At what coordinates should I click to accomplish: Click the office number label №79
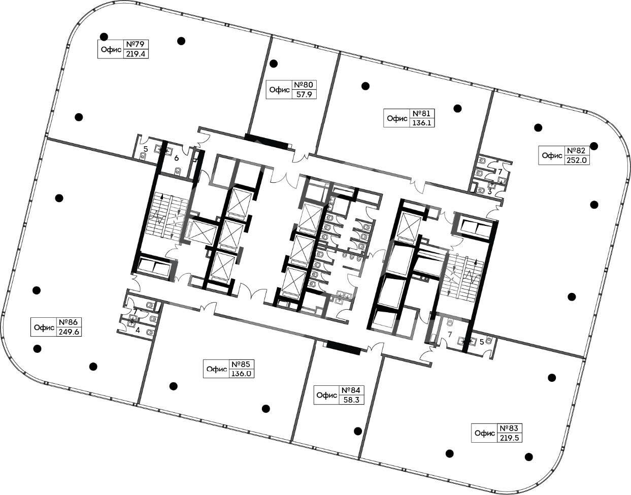tap(136, 44)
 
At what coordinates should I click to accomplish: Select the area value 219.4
tap(136, 54)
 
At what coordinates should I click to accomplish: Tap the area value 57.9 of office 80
tap(304, 94)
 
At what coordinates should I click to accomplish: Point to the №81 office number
tap(422, 113)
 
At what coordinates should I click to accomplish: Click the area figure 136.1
tap(422, 122)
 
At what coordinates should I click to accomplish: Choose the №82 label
tap(576, 150)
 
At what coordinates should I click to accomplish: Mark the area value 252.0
tap(576, 160)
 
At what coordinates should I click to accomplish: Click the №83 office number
tap(509, 428)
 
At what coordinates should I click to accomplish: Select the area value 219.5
tap(509, 438)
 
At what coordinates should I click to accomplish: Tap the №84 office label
tap(351, 390)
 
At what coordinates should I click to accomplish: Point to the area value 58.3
tap(351, 400)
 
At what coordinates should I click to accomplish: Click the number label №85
tap(241, 364)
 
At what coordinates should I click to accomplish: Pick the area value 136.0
tap(241, 373)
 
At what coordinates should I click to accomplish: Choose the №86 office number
tap(69, 322)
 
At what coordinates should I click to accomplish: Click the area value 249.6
tap(69, 332)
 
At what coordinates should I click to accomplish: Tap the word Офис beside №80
tap(279, 90)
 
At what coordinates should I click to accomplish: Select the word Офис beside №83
tap(485, 433)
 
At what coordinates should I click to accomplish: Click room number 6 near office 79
tap(176, 158)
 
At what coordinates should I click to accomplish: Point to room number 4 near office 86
tap(138, 330)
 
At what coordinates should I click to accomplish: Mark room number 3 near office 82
tap(489, 192)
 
